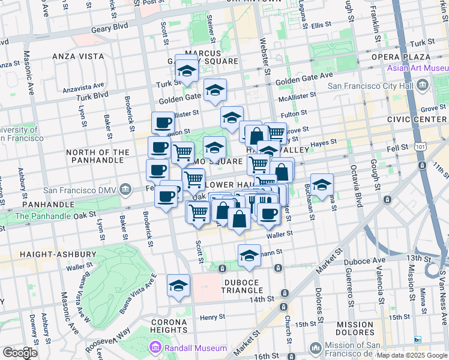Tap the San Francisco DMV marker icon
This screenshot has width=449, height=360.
coord(125,190)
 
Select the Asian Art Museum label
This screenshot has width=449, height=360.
coord(418,68)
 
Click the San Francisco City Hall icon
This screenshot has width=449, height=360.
coord(423,86)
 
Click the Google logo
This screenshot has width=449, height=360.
coord(20,353)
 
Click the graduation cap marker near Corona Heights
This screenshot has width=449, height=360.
coord(178,286)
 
